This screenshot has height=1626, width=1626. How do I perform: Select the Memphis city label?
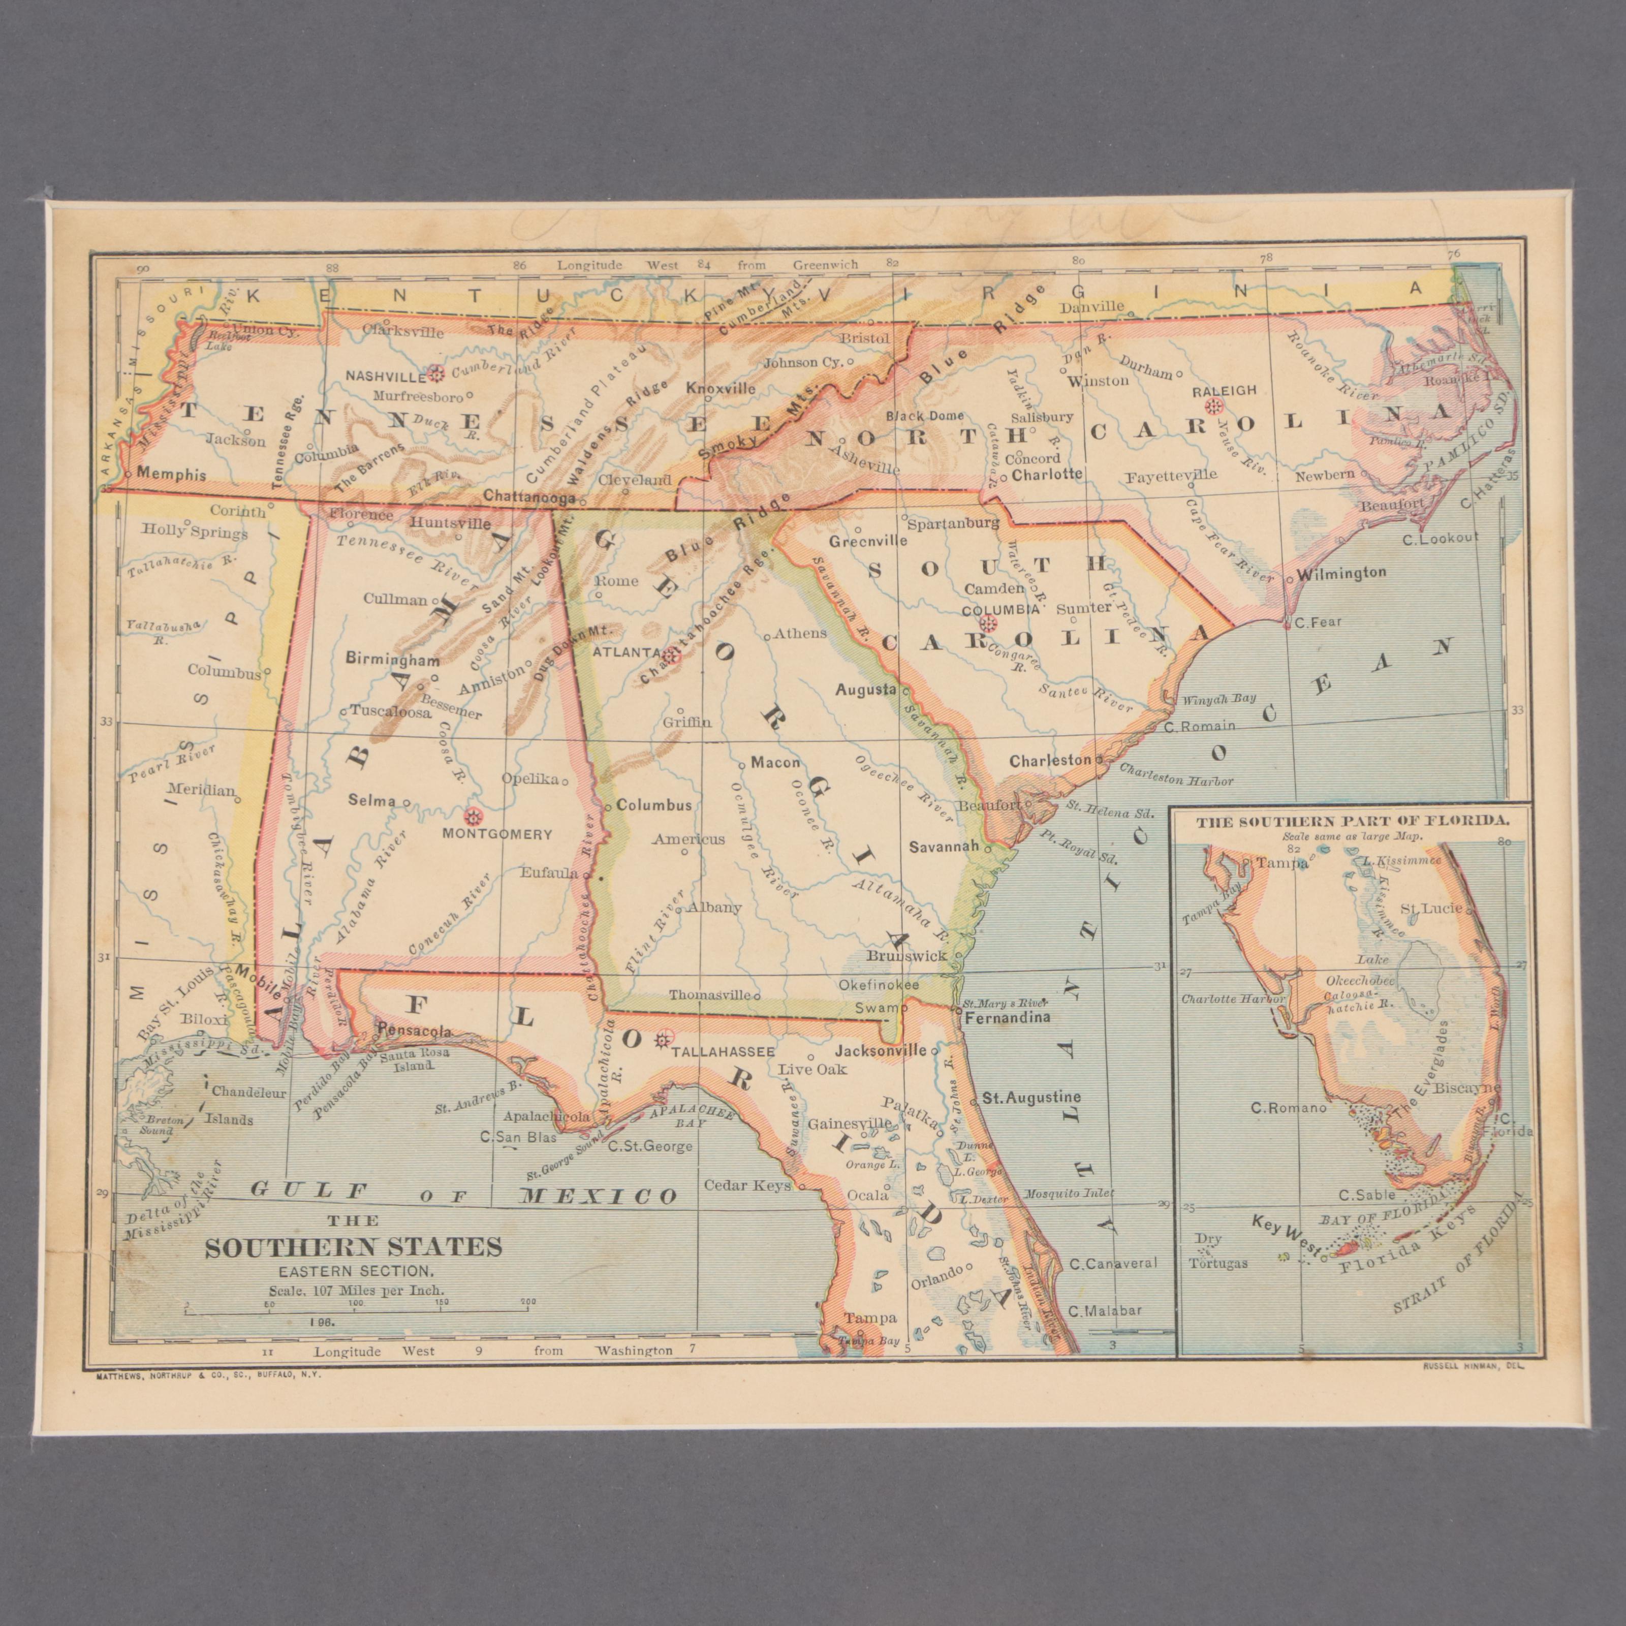[x=171, y=474]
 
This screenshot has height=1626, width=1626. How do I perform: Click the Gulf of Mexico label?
[x=463, y=1194]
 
